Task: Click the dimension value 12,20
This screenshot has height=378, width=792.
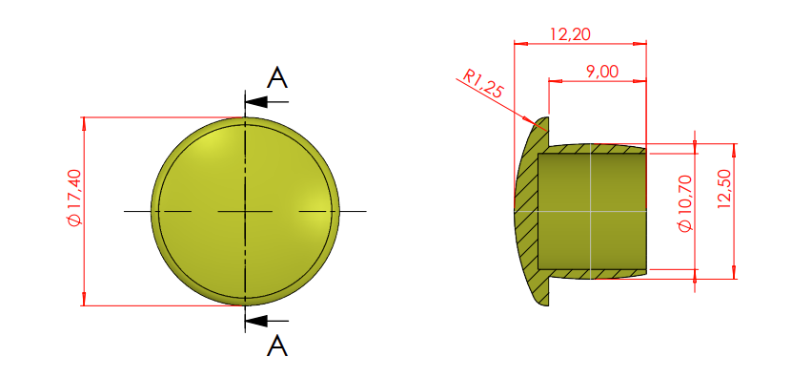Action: pos(571,34)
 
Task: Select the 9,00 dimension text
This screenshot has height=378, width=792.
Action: pos(602,72)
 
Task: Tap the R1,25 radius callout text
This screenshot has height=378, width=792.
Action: pos(484,84)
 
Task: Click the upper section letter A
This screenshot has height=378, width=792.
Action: pos(277,78)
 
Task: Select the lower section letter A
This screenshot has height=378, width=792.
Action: pos(277,346)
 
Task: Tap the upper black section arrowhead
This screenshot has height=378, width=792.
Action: pos(256,102)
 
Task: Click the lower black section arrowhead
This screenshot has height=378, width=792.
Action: pos(256,321)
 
